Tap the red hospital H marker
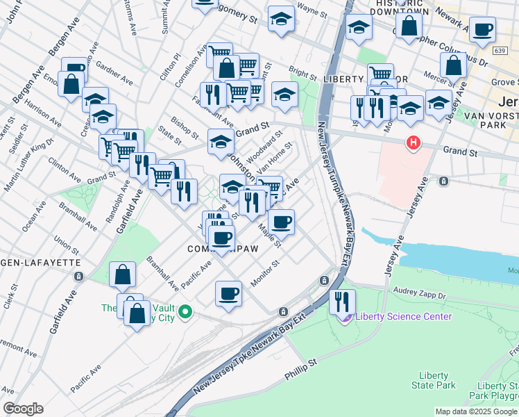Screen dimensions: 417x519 pos(414,143)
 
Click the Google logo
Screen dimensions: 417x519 pos(23,409)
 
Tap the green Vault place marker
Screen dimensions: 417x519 pos(185,313)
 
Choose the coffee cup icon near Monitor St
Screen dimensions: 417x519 pos(228,293)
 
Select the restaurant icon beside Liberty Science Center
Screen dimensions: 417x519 pos(341,301)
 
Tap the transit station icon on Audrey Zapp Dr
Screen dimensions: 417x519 pos(324,280)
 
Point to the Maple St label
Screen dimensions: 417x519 pos(269,234)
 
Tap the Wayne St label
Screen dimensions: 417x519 pos(312,8)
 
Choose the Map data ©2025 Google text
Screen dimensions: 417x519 pos(476,411)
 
